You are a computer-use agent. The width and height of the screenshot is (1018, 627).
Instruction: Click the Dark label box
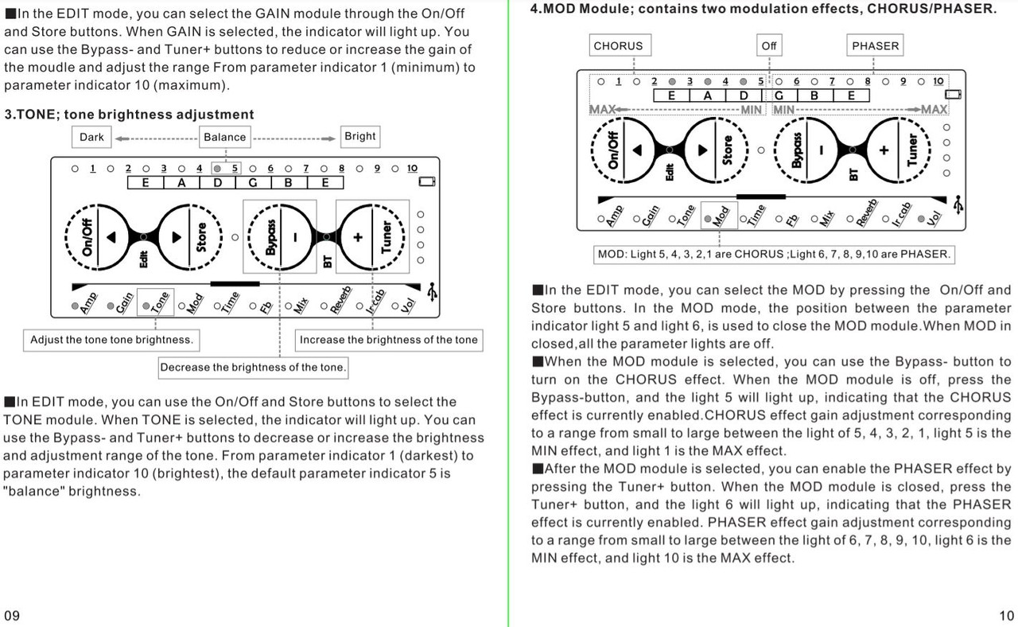pyautogui.click(x=91, y=137)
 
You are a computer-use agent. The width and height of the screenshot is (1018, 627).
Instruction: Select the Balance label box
pyautogui.click(x=225, y=137)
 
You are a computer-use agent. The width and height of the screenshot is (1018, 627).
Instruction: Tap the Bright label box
pyautogui.click(x=359, y=136)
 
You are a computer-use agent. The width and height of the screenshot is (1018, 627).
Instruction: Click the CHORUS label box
pyautogui.click(x=618, y=46)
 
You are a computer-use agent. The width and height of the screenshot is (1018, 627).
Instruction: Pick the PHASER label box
pyautogui.click(x=875, y=46)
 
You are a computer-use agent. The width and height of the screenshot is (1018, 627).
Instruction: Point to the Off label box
pyautogui.click(x=768, y=46)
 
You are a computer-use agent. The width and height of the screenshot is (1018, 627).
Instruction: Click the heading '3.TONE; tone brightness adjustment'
pyautogui.click(x=130, y=115)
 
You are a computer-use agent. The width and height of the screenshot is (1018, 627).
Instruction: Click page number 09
pyautogui.click(x=12, y=615)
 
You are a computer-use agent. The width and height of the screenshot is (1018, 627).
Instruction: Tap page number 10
pyautogui.click(x=1005, y=615)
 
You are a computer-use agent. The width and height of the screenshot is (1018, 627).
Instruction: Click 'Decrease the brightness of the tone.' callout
pyautogui.click(x=254, y=368)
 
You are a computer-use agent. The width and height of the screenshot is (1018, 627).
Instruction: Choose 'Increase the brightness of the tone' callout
pyautogui.click(x=389, y=340)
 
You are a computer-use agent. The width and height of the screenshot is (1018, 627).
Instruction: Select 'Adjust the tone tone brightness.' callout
pyautogui.click(x=111, y=340)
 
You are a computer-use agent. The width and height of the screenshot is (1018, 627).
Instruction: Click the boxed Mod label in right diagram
pyautogui.click(x=718, y=215)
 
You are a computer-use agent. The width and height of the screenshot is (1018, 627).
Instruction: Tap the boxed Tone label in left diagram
pyautogui.click(x=155, y=302)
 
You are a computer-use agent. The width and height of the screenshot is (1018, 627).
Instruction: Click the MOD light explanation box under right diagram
pyautogui.click(x=774, y=255)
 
